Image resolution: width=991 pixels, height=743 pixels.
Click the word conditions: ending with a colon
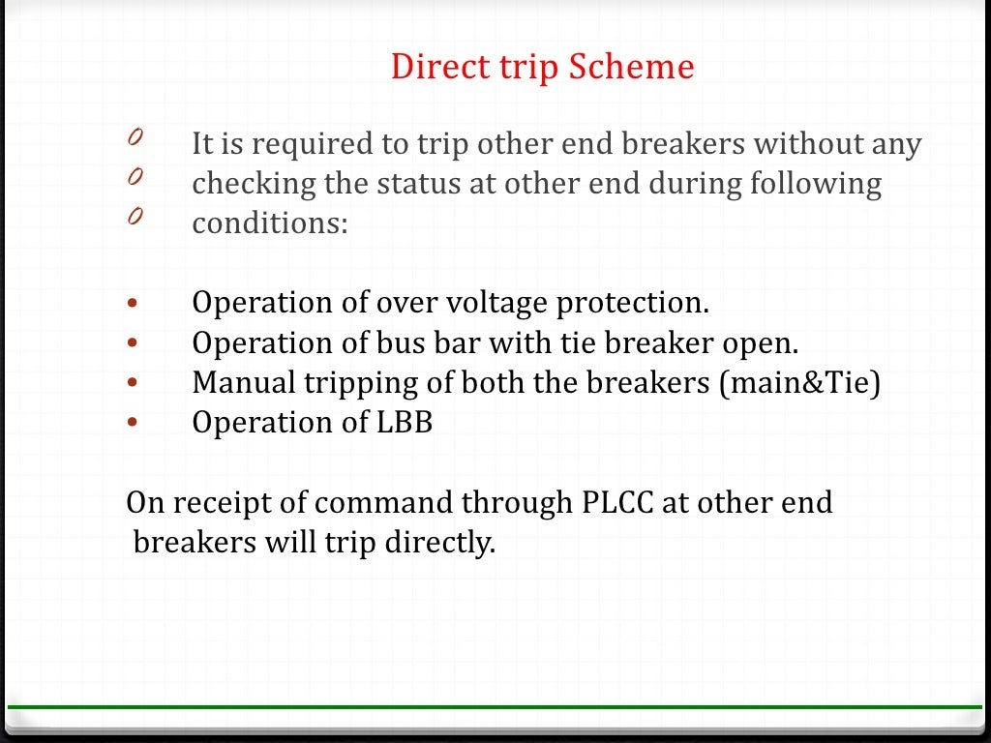[x=269, y=223]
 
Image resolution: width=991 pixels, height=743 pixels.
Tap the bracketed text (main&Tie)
[x=799, y=383]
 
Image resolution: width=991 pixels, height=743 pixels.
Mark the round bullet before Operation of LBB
[x=133, y=424]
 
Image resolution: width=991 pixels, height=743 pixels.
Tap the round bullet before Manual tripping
[x=133, y=383]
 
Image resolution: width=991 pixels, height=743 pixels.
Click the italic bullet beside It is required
[x=135, y=139]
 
